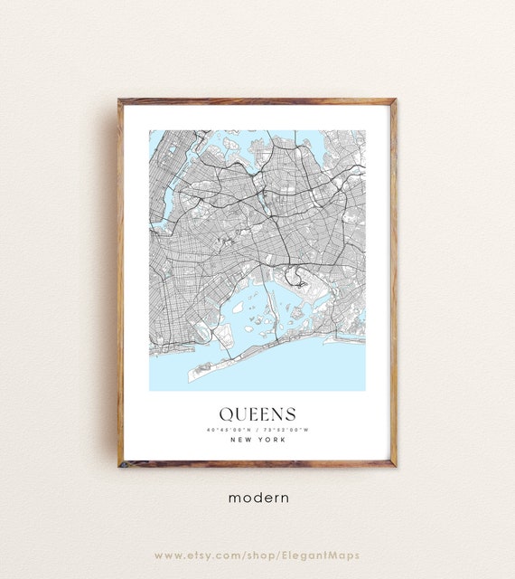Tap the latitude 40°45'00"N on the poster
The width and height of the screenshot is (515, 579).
(x=226, y=428)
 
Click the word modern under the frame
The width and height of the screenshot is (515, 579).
(x=257, y=497)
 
